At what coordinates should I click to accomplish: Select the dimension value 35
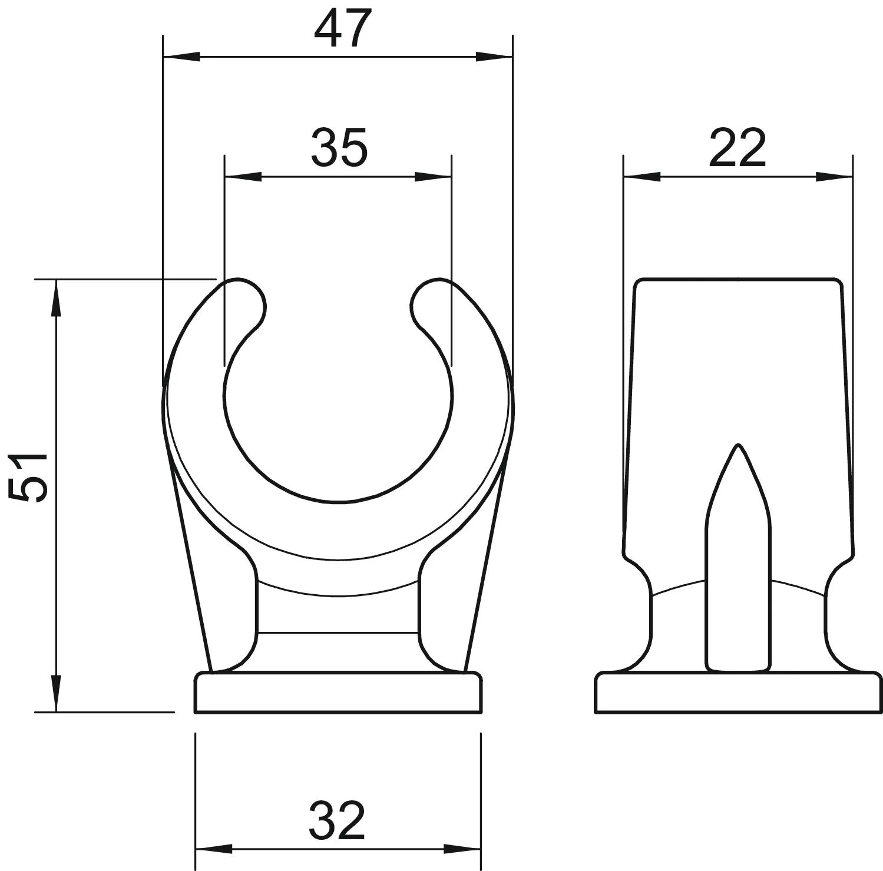point(339,147)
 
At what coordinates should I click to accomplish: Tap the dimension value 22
point(738,147)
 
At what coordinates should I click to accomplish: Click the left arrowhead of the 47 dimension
point(181,57)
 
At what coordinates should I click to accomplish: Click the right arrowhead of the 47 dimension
point(494,57)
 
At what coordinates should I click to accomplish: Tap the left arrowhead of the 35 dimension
point(243,177)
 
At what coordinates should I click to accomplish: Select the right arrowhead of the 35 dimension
point(433,177)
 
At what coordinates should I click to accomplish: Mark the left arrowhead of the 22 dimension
point(642,177)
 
